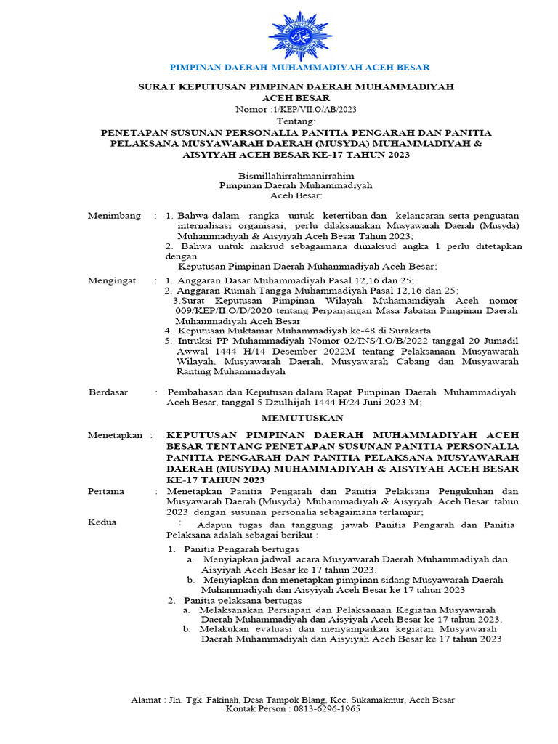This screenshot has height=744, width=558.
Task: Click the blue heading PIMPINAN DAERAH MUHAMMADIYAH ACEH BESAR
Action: point(299,67)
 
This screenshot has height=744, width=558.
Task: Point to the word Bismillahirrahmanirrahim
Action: point(295,175)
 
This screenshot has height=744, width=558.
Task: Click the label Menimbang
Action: point(112,216)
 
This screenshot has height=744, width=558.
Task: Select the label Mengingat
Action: point(111,280)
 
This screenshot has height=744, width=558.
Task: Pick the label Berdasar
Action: point(108,392)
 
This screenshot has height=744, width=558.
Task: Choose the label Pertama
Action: point(106,491)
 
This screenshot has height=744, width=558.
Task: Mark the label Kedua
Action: point(102,522)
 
